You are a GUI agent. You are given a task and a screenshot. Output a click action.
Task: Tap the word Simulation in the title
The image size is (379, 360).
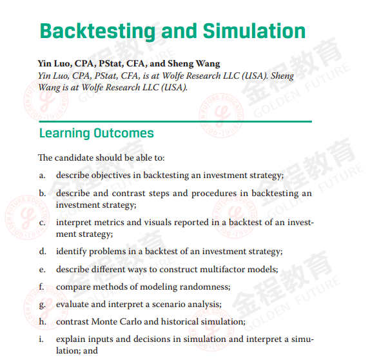(x=254, y=32)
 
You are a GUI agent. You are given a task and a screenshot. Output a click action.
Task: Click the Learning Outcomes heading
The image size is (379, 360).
(x=96, y=134)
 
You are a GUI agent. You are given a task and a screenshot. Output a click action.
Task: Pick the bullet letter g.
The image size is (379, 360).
(x=42, y=304)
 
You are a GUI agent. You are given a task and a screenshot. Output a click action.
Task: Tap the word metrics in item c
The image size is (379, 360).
(x=109, y=222)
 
